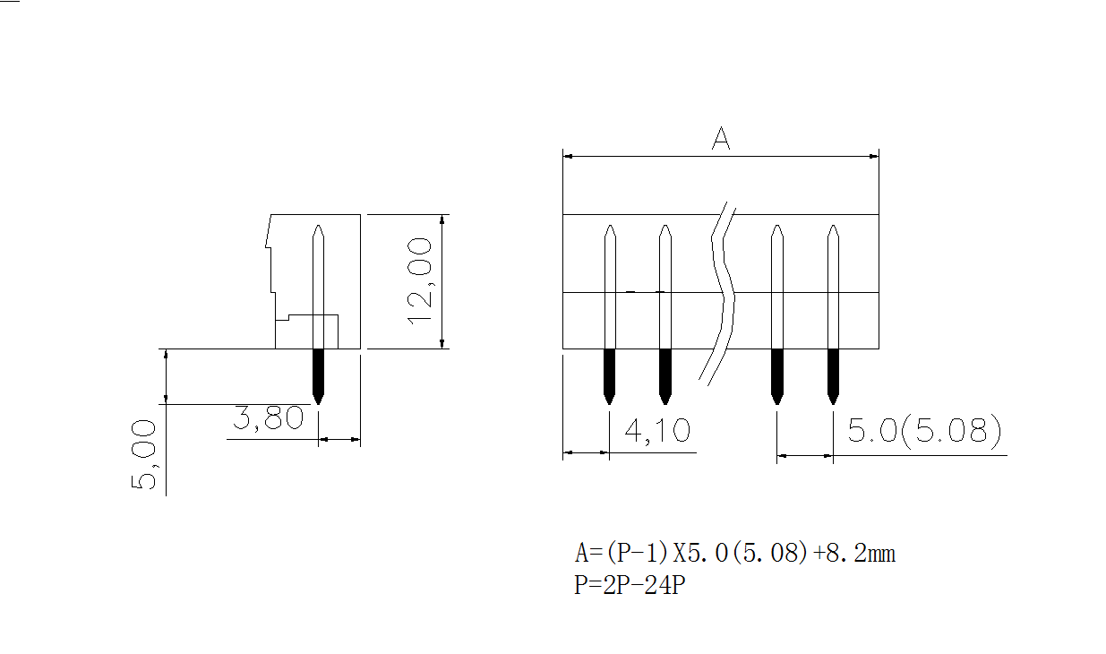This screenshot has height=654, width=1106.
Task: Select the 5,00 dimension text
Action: click(x=144, y=455)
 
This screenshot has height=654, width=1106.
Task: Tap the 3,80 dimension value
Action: click(x=269, y=418)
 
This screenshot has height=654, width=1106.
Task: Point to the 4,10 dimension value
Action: click(x=657, y=431)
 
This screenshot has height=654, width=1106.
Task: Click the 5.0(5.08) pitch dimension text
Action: click(x=923, y=432)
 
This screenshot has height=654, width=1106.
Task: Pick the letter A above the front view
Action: click(x=720, y=139)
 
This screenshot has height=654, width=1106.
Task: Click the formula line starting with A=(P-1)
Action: click(x=734, y=553)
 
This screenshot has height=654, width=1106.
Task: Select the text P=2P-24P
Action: click(x=630, y=587)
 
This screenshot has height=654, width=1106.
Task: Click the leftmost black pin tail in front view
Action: click(x=609, y=374)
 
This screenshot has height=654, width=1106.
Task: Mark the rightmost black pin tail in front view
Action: click(x=833, y=374)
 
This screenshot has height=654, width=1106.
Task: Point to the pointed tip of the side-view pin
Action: click(x=318, y=228)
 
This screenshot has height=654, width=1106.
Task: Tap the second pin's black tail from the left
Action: click(x=664, y=374)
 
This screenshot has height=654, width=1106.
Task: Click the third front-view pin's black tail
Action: click(x=776, y=374)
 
